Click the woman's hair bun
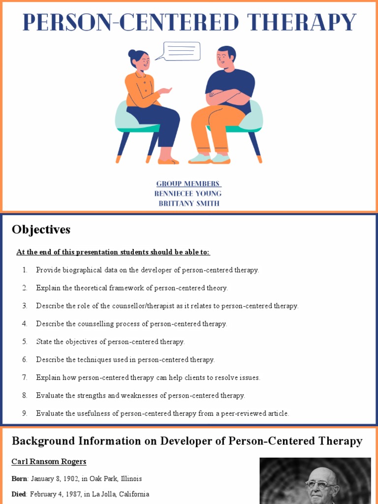[x=132, y=54]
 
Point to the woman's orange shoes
[x=168, y=161]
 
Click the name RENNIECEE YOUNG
[x=188, y=193]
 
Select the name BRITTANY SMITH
[x=189, y=203]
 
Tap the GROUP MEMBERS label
[x=188, y=184]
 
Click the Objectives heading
[x=41, y=229]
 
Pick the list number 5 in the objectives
[x=25, y=342]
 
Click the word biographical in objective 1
[x=81, y=270]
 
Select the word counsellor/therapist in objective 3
[x=157, y=306]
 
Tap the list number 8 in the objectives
[x=25, y=395]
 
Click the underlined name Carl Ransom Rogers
[x=49, y=461]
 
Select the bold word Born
[x=19, y=478]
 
